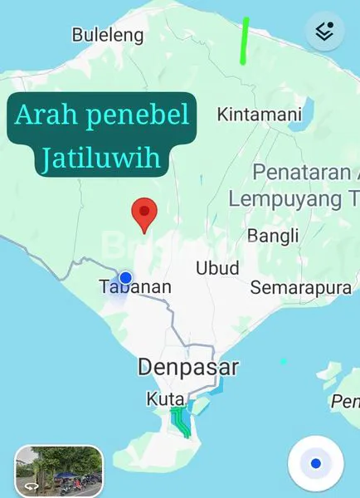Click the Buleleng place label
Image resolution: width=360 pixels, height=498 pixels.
[108, 36]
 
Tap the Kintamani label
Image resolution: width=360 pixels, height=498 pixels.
[259, 115]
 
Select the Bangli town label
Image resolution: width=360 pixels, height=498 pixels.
[273, 237]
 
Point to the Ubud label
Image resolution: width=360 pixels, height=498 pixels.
[217, 267]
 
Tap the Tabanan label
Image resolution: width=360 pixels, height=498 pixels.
[135, 287]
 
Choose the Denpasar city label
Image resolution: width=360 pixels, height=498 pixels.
[188, 367]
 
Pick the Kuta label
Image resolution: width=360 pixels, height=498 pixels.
[165, 399]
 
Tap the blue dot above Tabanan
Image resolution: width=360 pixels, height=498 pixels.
[125, 277]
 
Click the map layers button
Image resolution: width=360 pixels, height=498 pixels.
[324, 32]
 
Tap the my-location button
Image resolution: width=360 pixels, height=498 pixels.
[315, 463]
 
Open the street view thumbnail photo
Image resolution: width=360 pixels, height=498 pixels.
[58, 470]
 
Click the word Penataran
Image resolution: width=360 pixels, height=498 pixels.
[303, 173]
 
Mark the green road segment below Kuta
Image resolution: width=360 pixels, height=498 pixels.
[179, 422]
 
